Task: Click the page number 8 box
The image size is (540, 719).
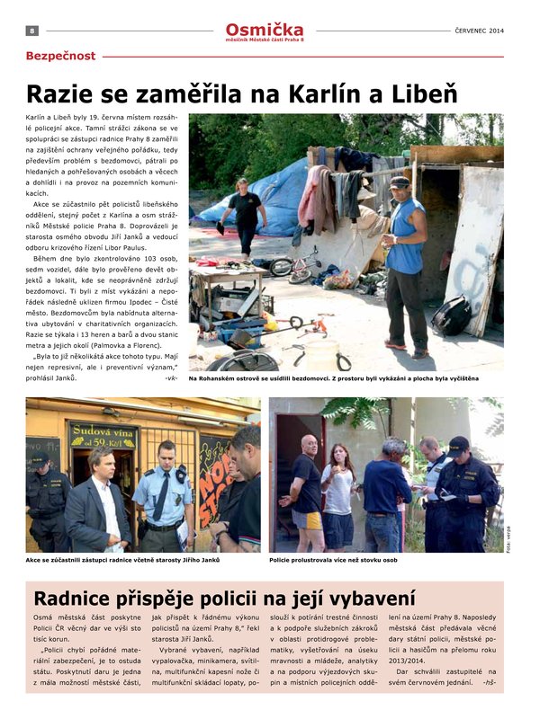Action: coord(32,30)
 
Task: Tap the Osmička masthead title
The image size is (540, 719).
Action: coord(265,30)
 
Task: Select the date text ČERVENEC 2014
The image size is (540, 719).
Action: coord(480,31)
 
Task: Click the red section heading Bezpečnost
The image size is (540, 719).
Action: coord(60,56)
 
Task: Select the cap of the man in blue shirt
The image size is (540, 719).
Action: coord(400,182)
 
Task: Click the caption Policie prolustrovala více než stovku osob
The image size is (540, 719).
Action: coord(333,560)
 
